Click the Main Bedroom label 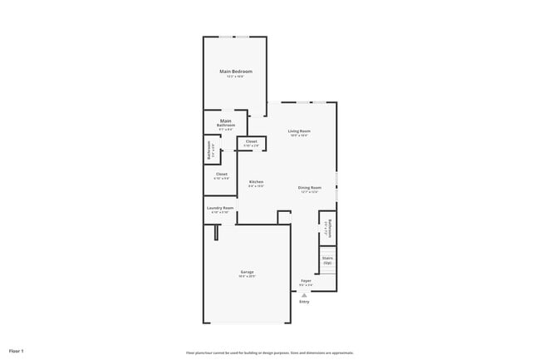(x=236, y=72)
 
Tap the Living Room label (x=299, y=131)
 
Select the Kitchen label (x=257, y=181)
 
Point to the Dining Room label (x=309, y=187)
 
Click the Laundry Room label (x=220, y=208)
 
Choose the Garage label (x=248, y=272)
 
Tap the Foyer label (x=306, y=281)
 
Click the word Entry (x=304, y=301)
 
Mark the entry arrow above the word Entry (x=304, y=294)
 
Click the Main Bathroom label (x=226, y=122)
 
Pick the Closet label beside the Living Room (x=251, y=141)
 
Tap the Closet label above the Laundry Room (x=221, y=174)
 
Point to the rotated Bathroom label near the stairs (x=330, y=228)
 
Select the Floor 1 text (x=17, y=351)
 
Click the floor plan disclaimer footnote (x=269, y=352)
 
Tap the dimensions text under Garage (x=248, y=277)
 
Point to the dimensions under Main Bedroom (x=236, y=76)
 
